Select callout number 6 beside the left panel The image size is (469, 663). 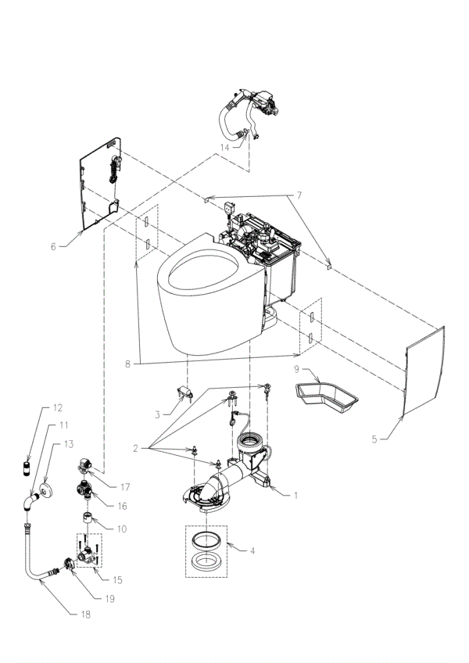pyautogui.click(x=53, y=246)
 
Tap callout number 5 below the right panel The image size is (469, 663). pyautogui.click(x=374, y=439)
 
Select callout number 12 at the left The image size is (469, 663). pyautogui.click(x=56, y=407)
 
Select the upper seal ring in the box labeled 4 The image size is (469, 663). pyautogui.click(x=206, y=539)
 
